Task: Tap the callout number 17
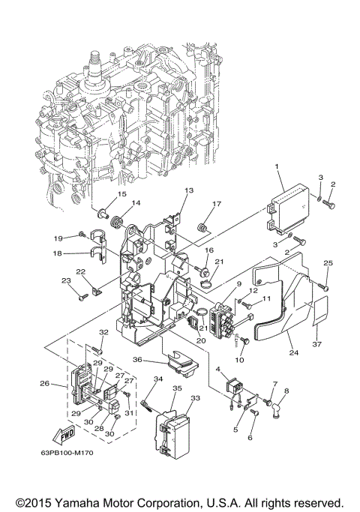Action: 217,204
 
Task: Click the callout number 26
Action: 44,385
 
